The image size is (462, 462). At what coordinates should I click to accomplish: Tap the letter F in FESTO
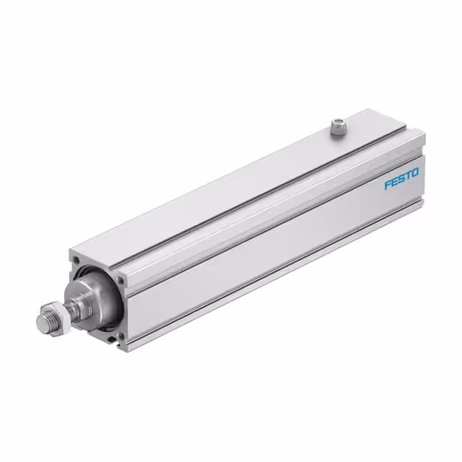387,186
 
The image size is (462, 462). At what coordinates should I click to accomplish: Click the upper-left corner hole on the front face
75,258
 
